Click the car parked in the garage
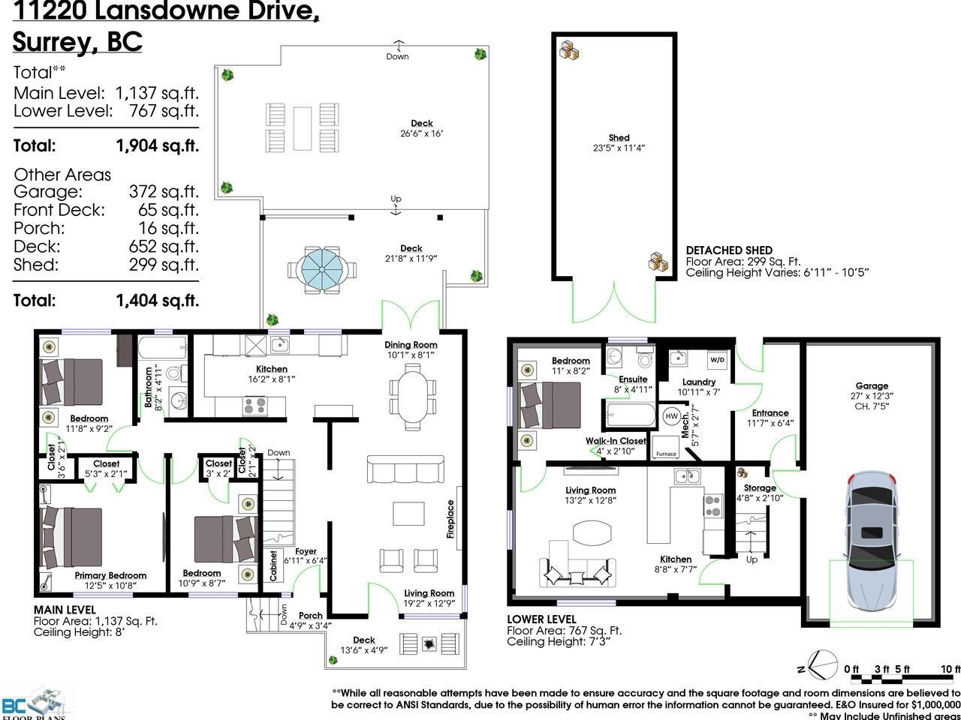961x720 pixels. (872, 540)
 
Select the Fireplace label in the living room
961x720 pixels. (450, 519)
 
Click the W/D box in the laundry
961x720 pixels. (717, 359)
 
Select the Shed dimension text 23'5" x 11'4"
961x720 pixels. (619, 148)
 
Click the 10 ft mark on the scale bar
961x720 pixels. (950, 669)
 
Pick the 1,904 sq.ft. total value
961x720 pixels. (158, 145)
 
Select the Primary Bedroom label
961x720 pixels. (110, 575)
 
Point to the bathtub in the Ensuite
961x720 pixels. (628, 415)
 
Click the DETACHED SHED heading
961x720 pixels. (729, 250)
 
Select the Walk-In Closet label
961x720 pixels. (616, 441)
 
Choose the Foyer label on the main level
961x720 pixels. (306, 551)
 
